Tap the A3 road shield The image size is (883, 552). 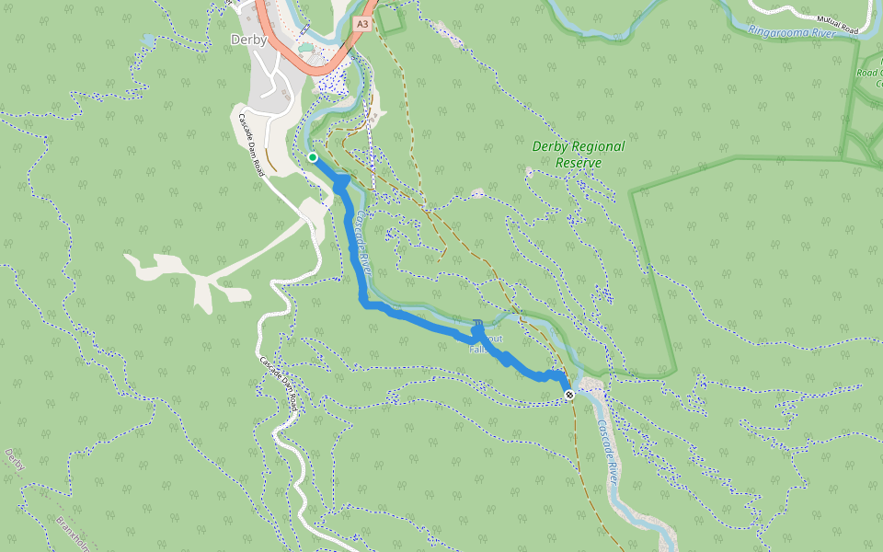click(362, 24)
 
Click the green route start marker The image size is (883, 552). click(313, 157)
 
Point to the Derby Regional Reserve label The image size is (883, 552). click(579, 155)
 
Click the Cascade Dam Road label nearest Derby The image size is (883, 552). click(252, 145)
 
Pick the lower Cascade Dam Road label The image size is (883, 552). click(279, 383)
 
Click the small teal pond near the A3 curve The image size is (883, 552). click(304, 46)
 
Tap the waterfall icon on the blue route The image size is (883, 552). click(477, 325)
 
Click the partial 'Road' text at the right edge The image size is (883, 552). click(869, 73)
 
